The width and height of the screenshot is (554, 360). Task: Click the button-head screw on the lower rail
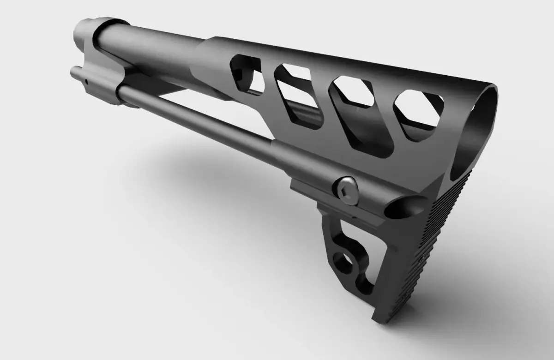pyautogui.click(x=347, y=189)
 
